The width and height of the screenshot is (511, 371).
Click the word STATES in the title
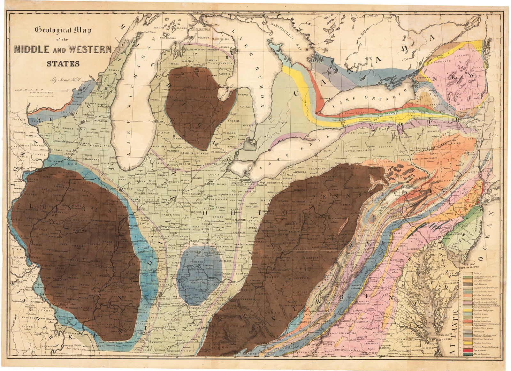(x=63, y=63)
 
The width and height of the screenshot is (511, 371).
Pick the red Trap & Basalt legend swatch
(x=468, y=351)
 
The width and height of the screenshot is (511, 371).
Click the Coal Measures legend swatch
(x=468, y=284)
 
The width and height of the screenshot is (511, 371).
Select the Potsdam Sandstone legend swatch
(x=468, y=343)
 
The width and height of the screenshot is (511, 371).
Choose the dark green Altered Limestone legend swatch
(x=468, y=354)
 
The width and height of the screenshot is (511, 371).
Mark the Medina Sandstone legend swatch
(x=468, y=321)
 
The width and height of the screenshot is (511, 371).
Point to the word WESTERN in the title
(x=86, y=50)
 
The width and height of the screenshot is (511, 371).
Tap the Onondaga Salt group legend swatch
(x=468, y=310)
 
